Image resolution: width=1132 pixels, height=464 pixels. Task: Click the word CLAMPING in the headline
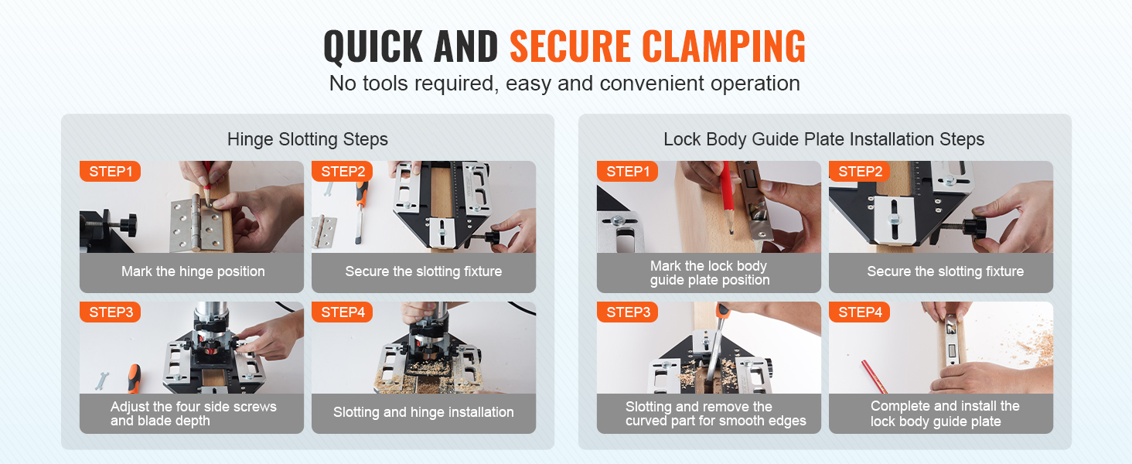pyautogui.click(x=724, y=46)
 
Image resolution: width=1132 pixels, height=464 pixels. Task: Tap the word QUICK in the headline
pyautogui.click(x=373, y=46)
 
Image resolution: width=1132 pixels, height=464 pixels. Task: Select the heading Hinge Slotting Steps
pyautogui.click(x=307, y=139)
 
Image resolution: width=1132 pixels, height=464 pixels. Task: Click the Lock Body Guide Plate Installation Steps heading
pyautogui.click(x=823, y=139)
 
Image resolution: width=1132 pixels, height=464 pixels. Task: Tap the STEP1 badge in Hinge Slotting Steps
pyautogui.click(x=110, y=172)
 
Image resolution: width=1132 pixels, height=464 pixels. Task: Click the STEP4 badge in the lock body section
pyautogui.click(x=860, y=312)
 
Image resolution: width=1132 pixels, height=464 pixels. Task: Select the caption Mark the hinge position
pyautogui.click(x=193, y=271)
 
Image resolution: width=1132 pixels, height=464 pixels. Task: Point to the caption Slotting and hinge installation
pyautogui.click(x=424, y=412)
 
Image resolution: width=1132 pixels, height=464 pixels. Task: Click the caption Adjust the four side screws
pyautogui.click(x=193, y=406)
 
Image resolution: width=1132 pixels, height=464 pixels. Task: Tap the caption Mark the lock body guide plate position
pyautogui.click(x=710, y=273)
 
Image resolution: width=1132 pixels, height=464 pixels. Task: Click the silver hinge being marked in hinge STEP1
pyautogui.click(x=197, y=224)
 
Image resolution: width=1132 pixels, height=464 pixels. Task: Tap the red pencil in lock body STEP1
pyautogui.click(x=727, y=198)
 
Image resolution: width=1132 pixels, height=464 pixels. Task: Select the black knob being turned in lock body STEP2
pyautogui.click(x=972, y=227)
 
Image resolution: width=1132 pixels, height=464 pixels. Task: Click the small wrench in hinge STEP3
pyautogui.click(x=101, y=381)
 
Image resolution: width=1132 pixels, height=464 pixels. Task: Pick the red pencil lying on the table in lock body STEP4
pyautogui.click(x=875, y=376)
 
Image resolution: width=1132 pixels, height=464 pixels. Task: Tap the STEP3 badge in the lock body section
pyautogui.click(x=628, y=312)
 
